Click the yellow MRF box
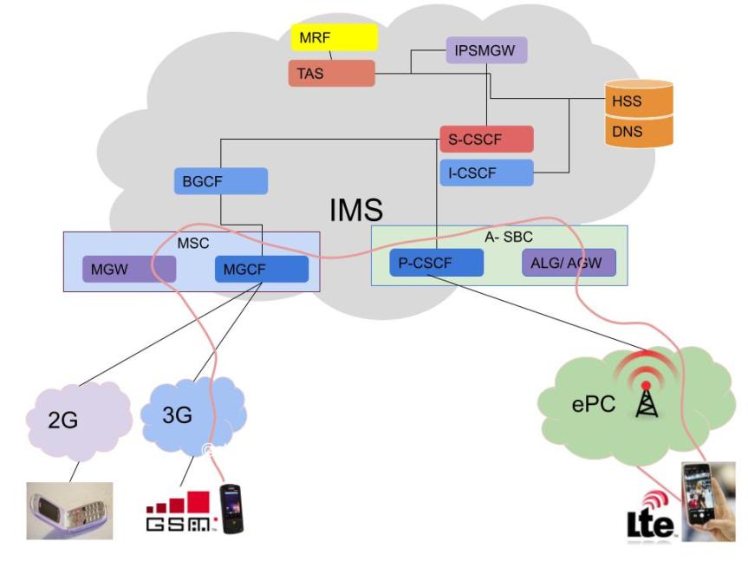334,38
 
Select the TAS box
331,74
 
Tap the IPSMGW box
486,50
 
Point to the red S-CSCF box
485,139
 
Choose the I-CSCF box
485,173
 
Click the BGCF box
220,181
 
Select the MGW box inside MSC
128,270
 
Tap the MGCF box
261,270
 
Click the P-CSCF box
435,263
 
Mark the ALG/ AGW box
569,263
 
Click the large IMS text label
355,210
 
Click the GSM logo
177,512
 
